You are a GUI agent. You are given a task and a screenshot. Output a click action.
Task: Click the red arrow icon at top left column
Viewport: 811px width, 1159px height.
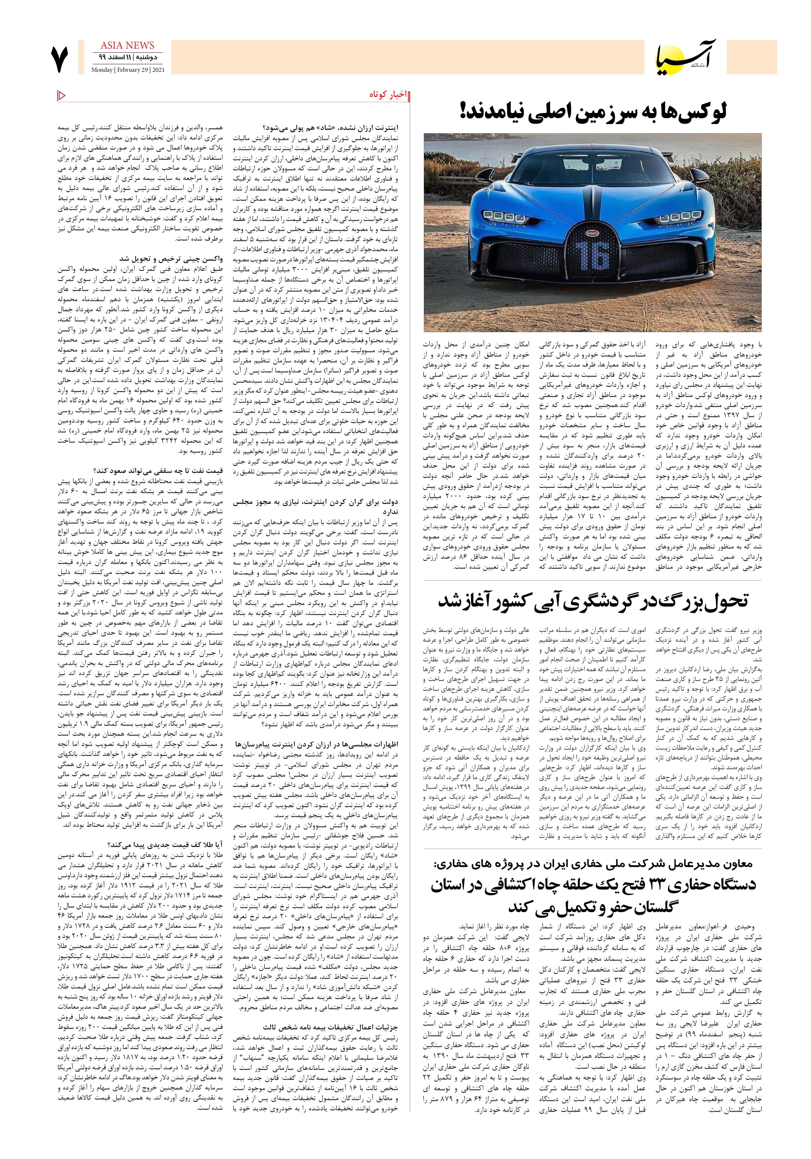62,94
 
